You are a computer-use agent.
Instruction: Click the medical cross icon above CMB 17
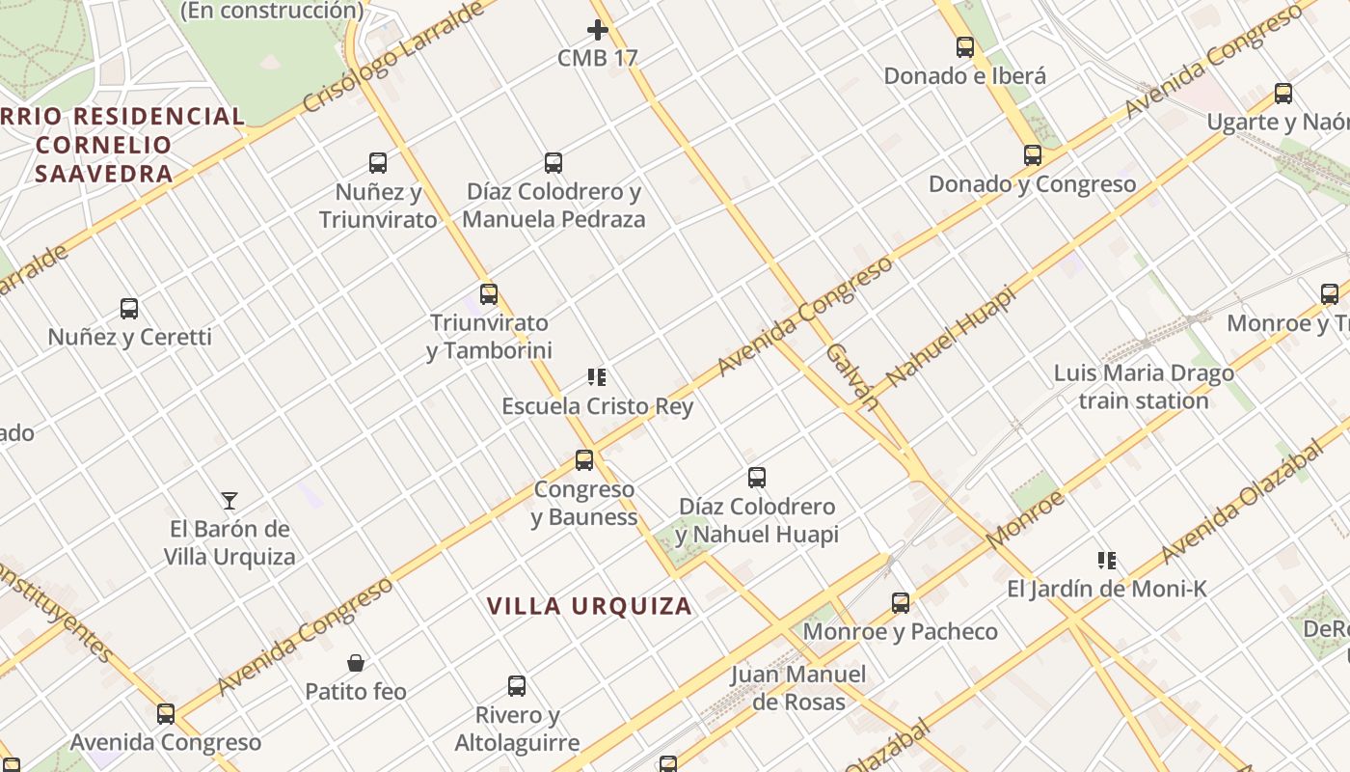point(598,30)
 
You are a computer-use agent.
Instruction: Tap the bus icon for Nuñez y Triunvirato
point(378,163)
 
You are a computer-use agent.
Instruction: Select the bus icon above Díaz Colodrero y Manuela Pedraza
point(553,163)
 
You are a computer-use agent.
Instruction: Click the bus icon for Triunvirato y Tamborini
point(489,294)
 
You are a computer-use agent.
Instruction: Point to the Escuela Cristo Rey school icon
point(597,377)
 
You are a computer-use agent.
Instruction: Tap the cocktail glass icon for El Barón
point(229,501)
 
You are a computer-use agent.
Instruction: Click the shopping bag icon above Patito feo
point(356,663)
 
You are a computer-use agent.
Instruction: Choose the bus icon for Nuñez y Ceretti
point(129,309)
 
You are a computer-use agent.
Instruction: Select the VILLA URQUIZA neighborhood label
point(589,606)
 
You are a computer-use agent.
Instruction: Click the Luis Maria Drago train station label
point(1144,387)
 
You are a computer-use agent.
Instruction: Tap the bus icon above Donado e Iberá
point(965,47)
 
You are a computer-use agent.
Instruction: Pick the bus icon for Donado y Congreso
point(1033,155)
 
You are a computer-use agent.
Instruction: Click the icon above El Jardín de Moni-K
point(1107,561)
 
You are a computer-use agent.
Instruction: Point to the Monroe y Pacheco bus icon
point(901,603)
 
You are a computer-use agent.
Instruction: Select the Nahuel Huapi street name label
point(951,337)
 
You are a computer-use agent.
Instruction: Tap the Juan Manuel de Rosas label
point(798,688)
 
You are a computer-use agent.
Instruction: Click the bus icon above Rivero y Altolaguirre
point(517,686)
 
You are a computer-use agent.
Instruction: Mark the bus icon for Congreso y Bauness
point(584,460)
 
